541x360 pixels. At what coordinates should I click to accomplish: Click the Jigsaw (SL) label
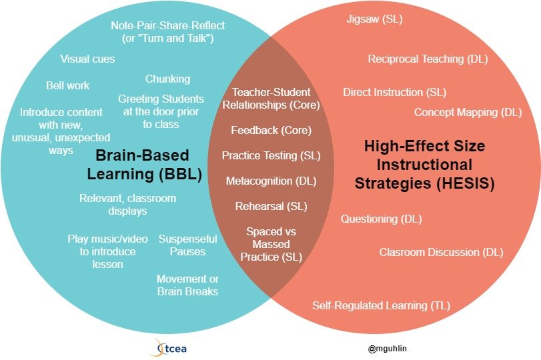(375, 19)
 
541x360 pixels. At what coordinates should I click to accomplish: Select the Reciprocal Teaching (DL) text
(428, 59)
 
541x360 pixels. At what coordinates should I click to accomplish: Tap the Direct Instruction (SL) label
(394, 92)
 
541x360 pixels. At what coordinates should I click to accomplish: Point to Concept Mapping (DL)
(468, 112)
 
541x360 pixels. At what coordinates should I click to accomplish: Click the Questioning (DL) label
(381, 219)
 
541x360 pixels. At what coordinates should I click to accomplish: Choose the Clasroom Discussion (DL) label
(441, 252)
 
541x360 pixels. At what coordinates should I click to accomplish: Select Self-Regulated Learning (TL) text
(381, 305)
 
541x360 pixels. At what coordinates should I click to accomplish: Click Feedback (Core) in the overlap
(271, 131)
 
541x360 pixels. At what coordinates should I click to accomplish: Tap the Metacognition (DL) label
(271, 181)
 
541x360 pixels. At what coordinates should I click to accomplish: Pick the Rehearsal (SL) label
(271, 206)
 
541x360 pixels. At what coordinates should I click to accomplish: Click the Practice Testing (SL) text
(271, 155)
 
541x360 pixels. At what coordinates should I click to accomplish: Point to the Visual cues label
(87, 59)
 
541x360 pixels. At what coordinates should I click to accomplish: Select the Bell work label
(67, 85)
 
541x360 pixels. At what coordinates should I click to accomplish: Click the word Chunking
(167, 79)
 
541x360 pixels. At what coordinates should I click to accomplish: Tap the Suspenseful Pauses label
(187, 245)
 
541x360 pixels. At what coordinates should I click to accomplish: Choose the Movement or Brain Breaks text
(187, 285)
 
